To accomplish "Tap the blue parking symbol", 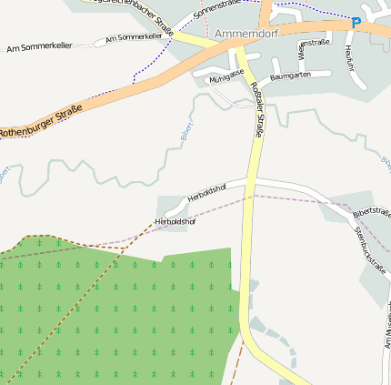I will click(356, 23).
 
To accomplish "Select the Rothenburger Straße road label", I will click(41, 121).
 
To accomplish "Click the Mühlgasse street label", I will click(226, 76).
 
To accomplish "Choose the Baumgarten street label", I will click(290, 76).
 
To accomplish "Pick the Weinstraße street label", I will click(314, 44).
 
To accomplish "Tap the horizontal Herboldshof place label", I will click(175, 221).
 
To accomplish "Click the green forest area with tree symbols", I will click(118, 309).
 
